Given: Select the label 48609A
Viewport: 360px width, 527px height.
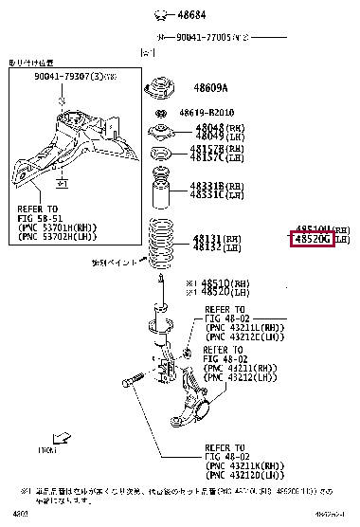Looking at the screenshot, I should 211,88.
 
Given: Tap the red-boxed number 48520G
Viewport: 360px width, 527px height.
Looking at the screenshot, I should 312,241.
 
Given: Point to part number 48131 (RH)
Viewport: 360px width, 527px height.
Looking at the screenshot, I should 211,238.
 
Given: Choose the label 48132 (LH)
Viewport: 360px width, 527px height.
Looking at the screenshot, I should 211,247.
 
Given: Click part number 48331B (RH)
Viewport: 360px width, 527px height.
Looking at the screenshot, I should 213,186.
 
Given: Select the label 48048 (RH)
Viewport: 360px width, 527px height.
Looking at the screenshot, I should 212,127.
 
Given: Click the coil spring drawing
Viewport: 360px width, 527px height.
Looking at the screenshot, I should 162,241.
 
